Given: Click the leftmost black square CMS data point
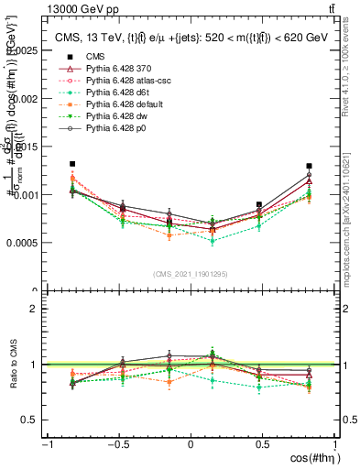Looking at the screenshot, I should pyautogui.click(x=72, y=164).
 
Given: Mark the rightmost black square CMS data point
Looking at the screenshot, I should pyautogui.click(x=309, y=167).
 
